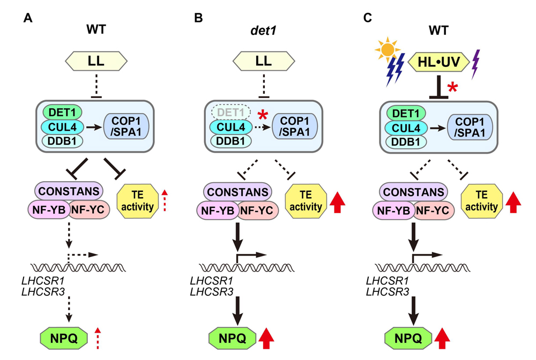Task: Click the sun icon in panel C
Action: coord(387,50)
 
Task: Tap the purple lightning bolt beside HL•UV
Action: coord(475,64)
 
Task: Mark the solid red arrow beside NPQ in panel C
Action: coord(441,338)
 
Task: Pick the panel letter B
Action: coord(198,18)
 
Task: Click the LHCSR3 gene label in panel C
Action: coord(388,291)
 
